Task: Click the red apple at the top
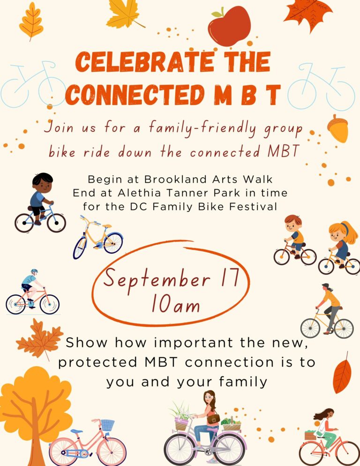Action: click(229, 26)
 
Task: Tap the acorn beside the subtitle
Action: click(338, 128)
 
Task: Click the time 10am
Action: click(175, 304)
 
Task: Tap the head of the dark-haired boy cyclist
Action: click(43, 183)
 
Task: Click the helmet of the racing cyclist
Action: click(35, 271)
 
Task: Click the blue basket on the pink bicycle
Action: click(107, 425)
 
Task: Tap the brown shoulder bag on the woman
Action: click(213, 419)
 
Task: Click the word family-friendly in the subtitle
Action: click(202, 128)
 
